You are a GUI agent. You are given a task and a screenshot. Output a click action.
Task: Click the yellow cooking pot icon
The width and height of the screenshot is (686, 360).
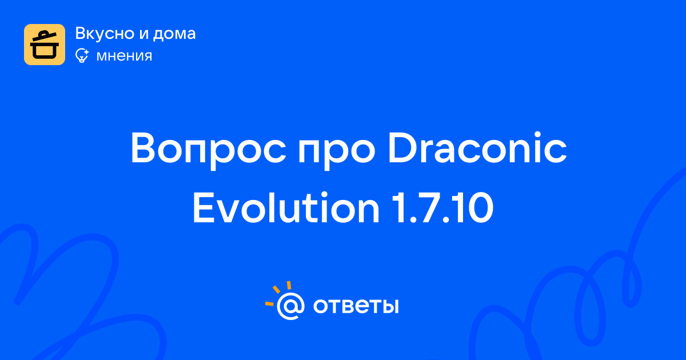pos(45,45)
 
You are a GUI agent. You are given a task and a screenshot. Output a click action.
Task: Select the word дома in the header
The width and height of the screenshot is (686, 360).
pos(174,34)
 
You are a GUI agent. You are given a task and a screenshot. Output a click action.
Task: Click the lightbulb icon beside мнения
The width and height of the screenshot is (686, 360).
pos(82,55)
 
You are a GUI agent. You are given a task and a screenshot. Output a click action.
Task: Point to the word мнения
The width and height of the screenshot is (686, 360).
pos(124,56)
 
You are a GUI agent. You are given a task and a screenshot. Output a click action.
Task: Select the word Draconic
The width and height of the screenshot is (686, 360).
pos(477,147)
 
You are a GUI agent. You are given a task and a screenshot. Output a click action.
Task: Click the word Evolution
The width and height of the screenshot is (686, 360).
pos(286,208)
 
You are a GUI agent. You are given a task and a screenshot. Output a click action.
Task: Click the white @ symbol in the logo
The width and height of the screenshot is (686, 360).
pos(290,306)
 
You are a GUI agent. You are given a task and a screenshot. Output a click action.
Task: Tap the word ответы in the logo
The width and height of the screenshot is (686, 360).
pos(356,306)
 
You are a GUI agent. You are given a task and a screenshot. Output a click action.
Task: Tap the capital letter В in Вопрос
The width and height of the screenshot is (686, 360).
pos(143,148)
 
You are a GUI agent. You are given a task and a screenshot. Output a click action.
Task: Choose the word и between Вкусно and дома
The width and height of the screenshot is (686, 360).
pos(143,35)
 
